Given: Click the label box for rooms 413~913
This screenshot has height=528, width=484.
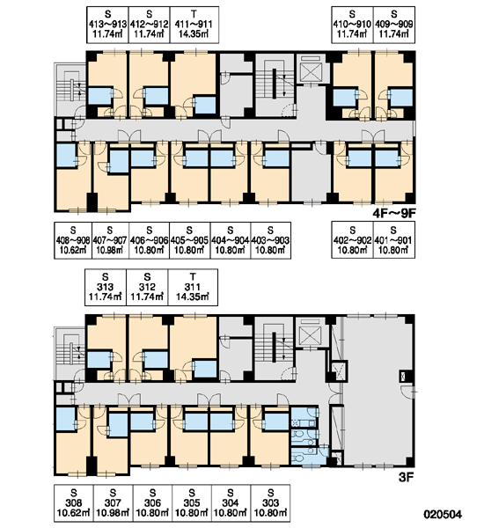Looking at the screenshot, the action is tap(107, 25).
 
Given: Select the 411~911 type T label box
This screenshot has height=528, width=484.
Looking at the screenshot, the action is tap(194, 25).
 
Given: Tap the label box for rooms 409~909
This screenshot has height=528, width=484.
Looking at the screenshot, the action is tap(394, 25).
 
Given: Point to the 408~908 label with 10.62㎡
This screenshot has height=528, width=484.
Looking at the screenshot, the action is tap(73, 240).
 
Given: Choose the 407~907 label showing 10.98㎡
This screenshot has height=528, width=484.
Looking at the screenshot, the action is tap(111, 240).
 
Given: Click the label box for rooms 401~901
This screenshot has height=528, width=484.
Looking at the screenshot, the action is tap(394, 239).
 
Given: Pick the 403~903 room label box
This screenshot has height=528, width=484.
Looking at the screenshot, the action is tap(271, 240).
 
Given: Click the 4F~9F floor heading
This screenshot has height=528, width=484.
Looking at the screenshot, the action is tap(394, 213).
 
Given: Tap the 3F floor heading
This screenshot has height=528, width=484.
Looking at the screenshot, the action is tap(406, 477).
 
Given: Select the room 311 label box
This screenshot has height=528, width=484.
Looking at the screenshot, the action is tap(193, 287).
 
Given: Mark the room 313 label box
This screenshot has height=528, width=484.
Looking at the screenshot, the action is tap(106, 287).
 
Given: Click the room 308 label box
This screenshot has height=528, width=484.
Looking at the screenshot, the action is tap(74, 503).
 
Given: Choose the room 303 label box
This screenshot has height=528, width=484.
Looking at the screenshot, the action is tap(270, 503).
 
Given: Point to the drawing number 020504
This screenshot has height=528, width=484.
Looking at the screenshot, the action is tap(443, 514).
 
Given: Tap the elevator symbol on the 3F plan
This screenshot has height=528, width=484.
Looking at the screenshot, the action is tap(310, 333).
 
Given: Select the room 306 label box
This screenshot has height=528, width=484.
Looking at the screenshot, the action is tap(152, 503).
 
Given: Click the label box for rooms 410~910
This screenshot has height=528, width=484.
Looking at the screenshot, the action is tap(352, 25).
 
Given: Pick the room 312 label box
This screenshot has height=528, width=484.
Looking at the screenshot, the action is tap(147, 287).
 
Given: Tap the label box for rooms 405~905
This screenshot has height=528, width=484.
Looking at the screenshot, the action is tap(190, 240).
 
